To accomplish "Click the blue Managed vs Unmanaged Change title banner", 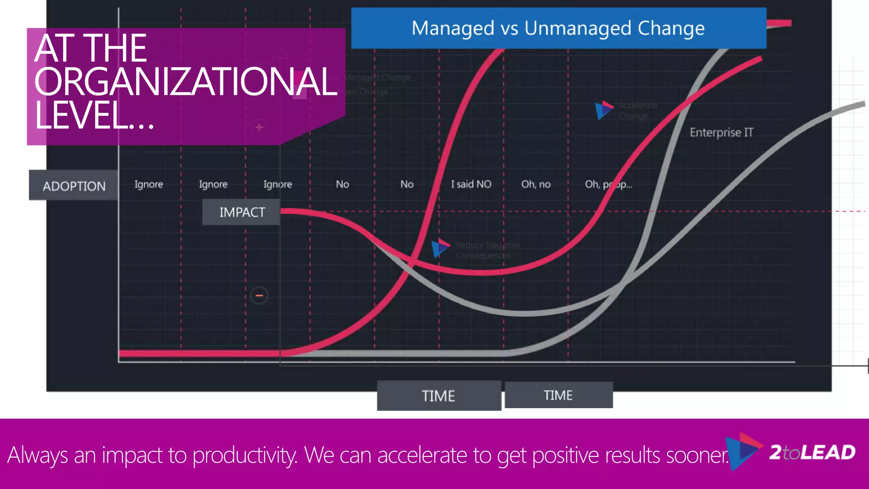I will coord(558,28).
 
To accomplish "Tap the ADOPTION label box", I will coord(74,185).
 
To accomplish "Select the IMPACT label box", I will coord(241,212).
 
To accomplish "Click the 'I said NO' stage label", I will coord(471,184).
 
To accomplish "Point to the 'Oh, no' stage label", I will coord(535,184).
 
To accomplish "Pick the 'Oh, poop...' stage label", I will coord(608,184).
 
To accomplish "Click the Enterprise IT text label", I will coord(721,132).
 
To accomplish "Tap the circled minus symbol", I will coord(259,295).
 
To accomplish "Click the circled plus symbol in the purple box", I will coord(259,127).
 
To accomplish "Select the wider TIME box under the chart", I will coord(439,396).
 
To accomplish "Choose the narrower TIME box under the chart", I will coord(558,395).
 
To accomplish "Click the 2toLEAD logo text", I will coord(812,452).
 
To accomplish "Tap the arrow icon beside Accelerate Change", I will coord(603,110).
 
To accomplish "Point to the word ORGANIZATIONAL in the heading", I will coord(185,81).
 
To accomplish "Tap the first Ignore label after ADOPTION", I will coord(149,184).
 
